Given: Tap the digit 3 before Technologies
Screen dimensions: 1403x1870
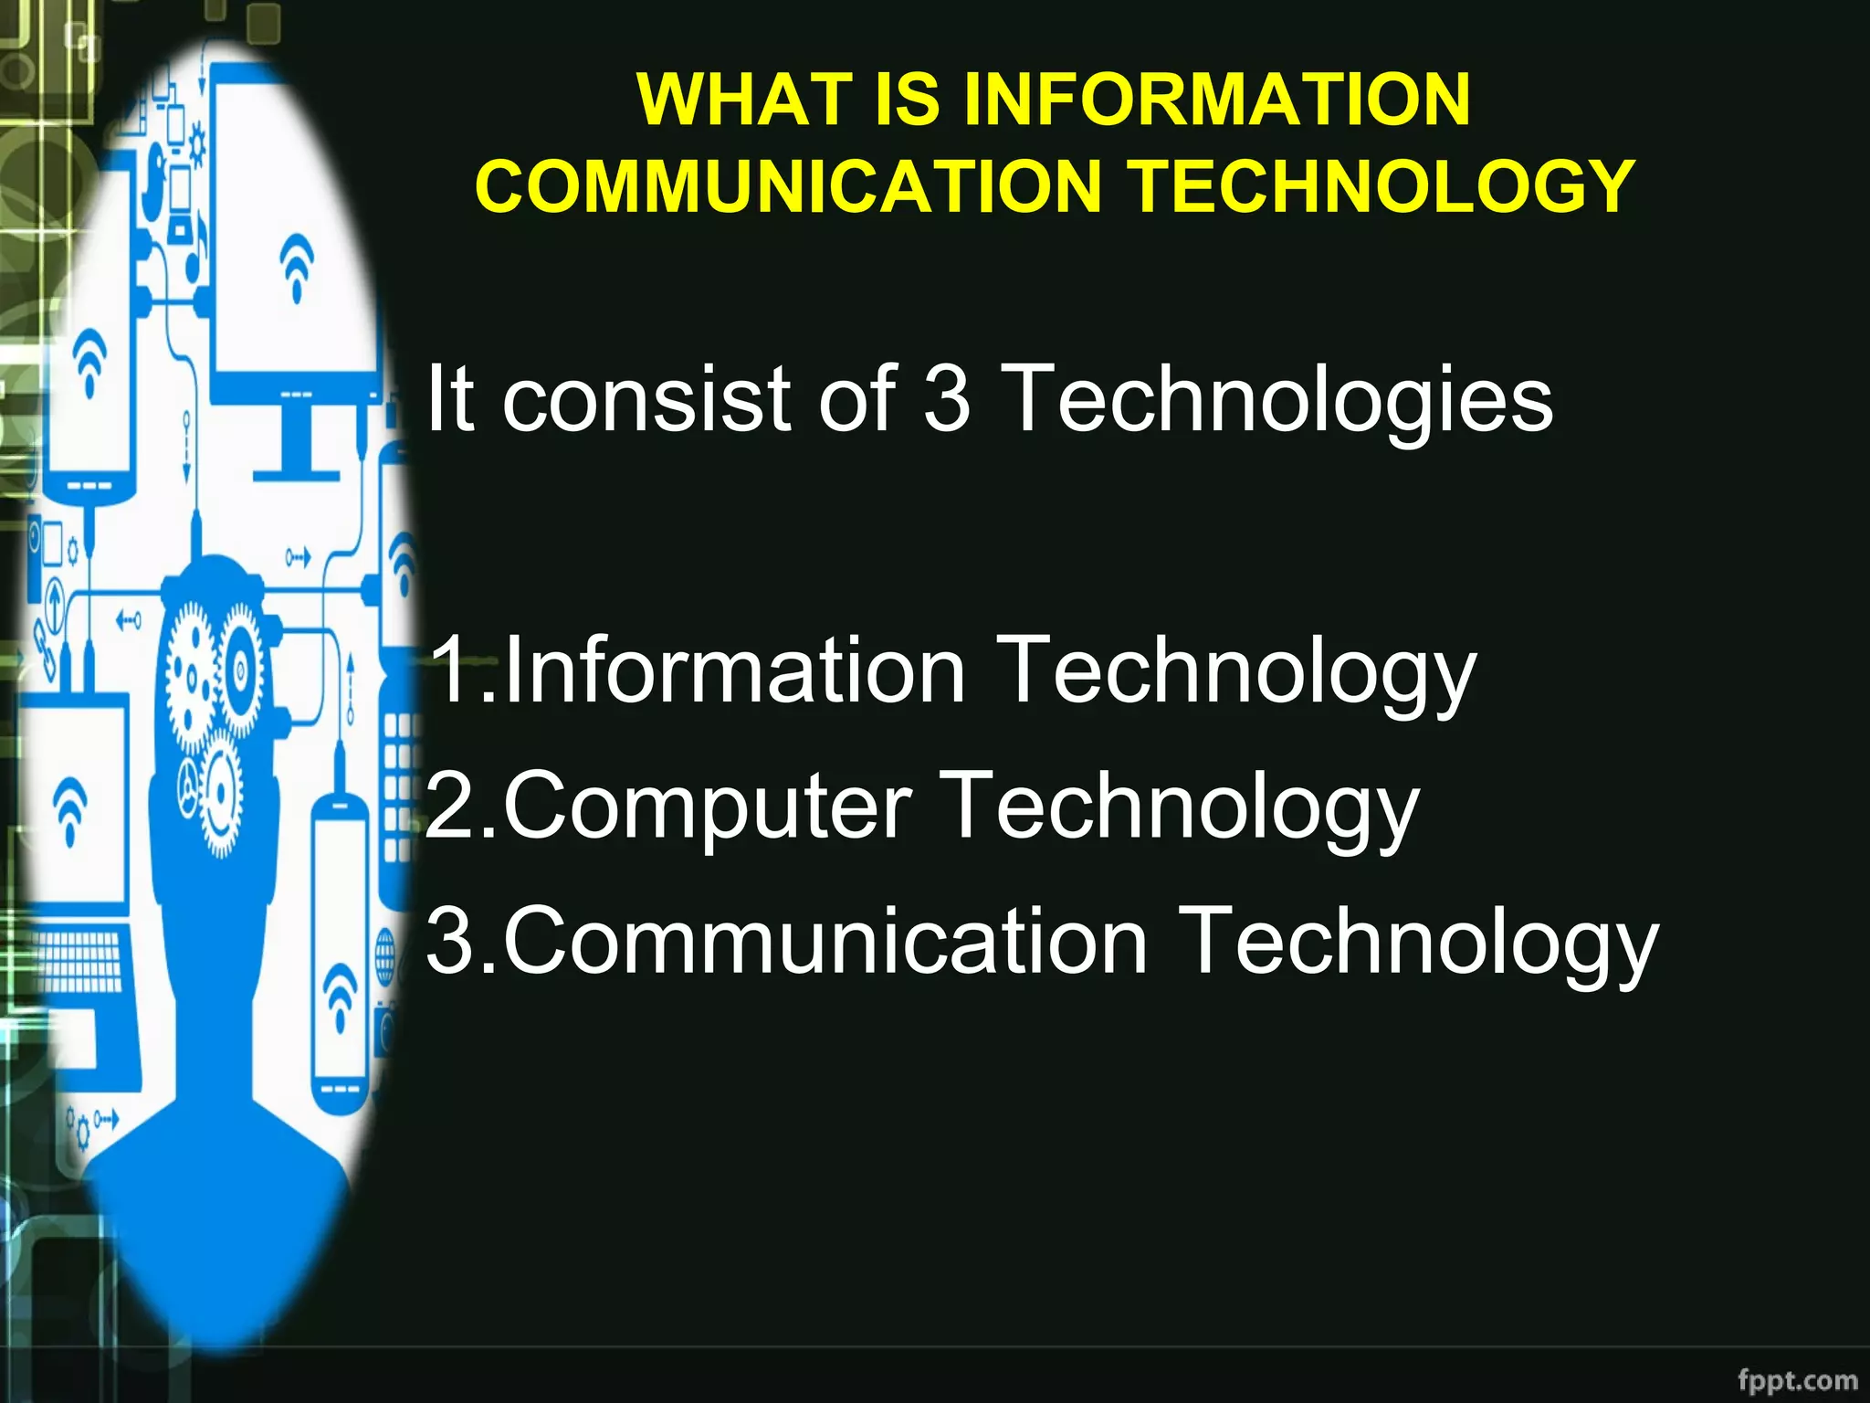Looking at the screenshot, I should [947, 398].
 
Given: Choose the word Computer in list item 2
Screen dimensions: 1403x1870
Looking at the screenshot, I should [708, 805].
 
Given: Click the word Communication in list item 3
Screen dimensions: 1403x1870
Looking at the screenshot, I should [825, 941].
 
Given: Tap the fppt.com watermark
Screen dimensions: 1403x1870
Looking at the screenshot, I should [1797, 1379].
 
